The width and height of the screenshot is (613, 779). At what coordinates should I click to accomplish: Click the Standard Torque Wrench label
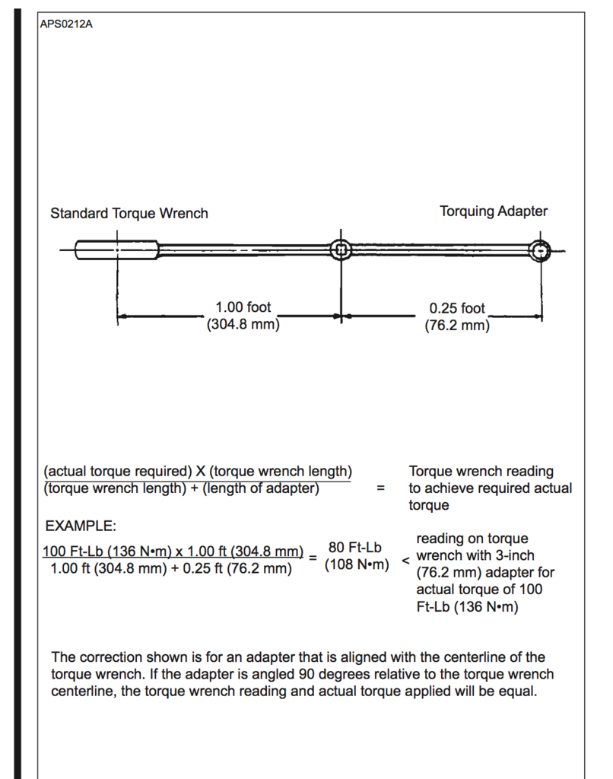[129, 213]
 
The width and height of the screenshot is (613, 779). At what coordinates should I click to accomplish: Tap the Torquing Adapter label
[493, 211]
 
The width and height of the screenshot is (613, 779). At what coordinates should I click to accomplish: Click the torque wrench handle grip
[116, 249]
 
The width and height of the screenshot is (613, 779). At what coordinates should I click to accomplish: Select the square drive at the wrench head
[341, 250]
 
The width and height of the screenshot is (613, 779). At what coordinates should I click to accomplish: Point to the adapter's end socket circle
[540, 250]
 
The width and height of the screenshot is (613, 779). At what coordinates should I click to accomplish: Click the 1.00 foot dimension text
[243, 307]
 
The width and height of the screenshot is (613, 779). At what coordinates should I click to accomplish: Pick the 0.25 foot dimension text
[456, 308]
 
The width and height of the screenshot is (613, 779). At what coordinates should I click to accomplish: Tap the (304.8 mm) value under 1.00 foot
[243, 325]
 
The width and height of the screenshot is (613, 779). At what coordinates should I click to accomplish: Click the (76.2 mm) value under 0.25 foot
[456, 326]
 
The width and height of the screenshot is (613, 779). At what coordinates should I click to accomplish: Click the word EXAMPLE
[79, 526]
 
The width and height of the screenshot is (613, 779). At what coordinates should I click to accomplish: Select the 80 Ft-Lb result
[355, 547]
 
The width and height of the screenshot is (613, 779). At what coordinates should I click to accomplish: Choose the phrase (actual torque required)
[118, 471]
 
